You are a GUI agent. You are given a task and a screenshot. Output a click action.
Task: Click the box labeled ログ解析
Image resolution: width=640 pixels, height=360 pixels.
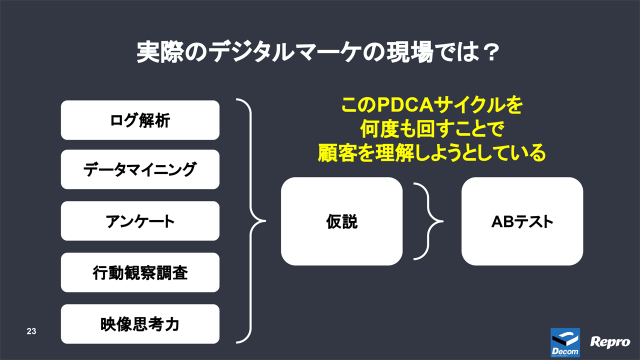[x=140, y=120]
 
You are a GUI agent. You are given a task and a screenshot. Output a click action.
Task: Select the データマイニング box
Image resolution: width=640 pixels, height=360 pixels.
[x=140, y=169]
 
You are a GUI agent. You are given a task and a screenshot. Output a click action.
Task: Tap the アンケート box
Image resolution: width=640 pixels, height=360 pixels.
[x=140, y=221]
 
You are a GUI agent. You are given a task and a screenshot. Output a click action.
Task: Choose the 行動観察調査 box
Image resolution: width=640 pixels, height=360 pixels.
[x=140, y=272]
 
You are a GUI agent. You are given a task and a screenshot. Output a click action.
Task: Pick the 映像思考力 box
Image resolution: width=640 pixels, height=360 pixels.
[x=140, y=324]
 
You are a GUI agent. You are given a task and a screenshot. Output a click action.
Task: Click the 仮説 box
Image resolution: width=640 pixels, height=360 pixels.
[x=341, y=221]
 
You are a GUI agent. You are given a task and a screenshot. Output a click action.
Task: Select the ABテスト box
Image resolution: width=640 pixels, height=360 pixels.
[x=522, y=221]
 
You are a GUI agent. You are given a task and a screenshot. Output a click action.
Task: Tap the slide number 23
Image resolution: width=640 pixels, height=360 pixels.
[x=31, y=331]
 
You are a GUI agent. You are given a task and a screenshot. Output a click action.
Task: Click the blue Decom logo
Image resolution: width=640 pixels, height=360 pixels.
[x=565, y=342]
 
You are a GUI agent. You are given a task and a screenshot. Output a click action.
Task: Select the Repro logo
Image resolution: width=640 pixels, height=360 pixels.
[x=610, y=342]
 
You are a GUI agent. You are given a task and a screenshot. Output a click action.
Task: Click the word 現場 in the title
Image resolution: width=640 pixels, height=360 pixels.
[x=409, y=52]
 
